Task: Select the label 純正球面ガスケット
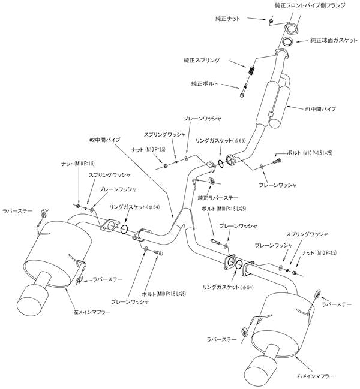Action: [333, 41]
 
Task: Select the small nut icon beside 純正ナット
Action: [271, 21]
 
